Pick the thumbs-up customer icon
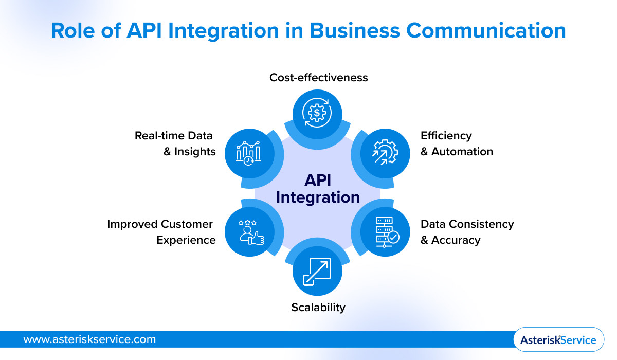click(x=250, y=231)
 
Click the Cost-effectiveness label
click(x=319, y=77)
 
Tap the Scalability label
click(x=318, y=308)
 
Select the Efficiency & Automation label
click(x=457, y=143)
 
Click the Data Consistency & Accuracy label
click(x=467, y=232)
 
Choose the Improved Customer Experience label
click(x=161, y=232)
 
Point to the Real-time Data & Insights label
click(x=175, y=143)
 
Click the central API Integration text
click(x=318, y=189)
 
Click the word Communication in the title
click(x=485, y=31)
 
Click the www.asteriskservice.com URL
click(x=89, y=339)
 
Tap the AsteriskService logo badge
click(x=558, y=340)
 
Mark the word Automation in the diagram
click(x=462, y=152)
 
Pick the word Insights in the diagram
click(x=195, y=152)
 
